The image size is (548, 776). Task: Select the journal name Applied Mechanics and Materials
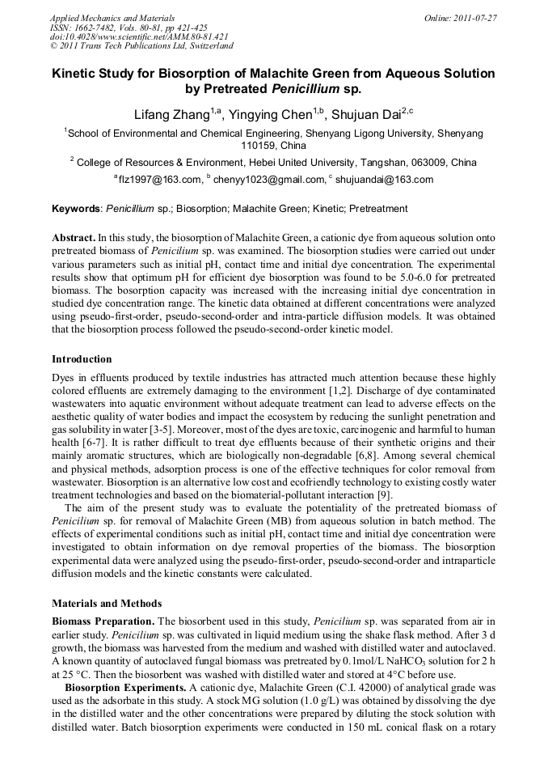(x=112, y=18)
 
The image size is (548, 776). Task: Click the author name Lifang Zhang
(x=171, y=115)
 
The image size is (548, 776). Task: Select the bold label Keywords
(x=75, y=209)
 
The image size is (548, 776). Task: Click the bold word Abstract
(x=73, y=239)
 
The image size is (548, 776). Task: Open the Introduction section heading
(x=82, y=358)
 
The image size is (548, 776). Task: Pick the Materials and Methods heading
(x=107, y=603)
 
